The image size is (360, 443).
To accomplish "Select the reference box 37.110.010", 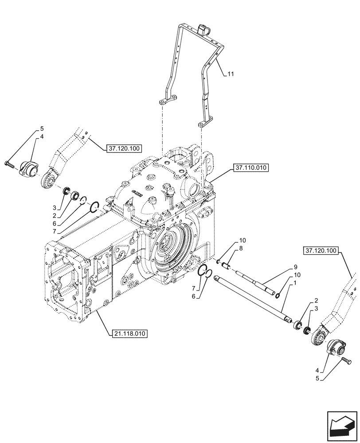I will pos(249,167).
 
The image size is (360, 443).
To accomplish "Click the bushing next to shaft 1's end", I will pos(296,325).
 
